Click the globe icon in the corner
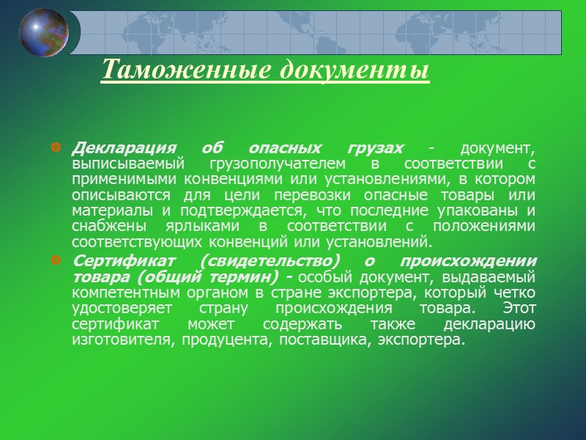[44, 32]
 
